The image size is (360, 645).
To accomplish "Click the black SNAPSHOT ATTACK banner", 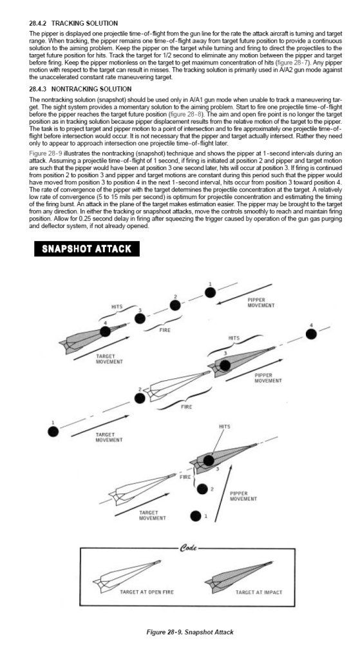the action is coord(87,249).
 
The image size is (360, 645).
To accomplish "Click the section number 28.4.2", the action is coord(39,23).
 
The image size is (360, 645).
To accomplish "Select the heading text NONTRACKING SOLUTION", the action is coord(91,89).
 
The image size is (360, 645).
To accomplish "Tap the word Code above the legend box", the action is coord(189,548).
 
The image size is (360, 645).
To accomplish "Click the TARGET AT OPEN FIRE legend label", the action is coord(147,592).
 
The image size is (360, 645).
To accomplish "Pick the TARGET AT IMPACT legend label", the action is coord(259,592).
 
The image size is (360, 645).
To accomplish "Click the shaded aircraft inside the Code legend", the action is coord(238,576).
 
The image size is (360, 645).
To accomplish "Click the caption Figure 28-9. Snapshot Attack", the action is coord(190,631).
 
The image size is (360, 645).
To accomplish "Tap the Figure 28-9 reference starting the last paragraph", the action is coord(46,153).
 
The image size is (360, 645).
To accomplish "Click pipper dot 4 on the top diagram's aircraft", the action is coord(105,332).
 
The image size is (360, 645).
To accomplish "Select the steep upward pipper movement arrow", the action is coord(223,493).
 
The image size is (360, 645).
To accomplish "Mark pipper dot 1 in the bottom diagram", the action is coord(196,516).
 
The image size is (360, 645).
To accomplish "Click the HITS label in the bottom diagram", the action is coord(225,427).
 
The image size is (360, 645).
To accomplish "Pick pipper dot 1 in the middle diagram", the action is coord(53,432).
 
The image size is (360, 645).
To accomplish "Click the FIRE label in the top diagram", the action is coord(165,329).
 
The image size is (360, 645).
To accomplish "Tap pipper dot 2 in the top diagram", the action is coord(175,305).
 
